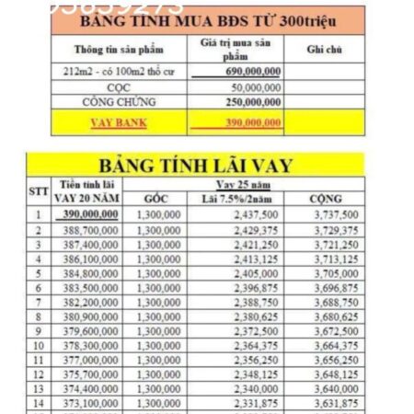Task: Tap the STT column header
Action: tap(38, 191)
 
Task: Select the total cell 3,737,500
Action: tap(325, 213)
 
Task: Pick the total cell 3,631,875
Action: tap(325, 405)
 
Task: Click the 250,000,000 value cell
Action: tap(248, 101)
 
